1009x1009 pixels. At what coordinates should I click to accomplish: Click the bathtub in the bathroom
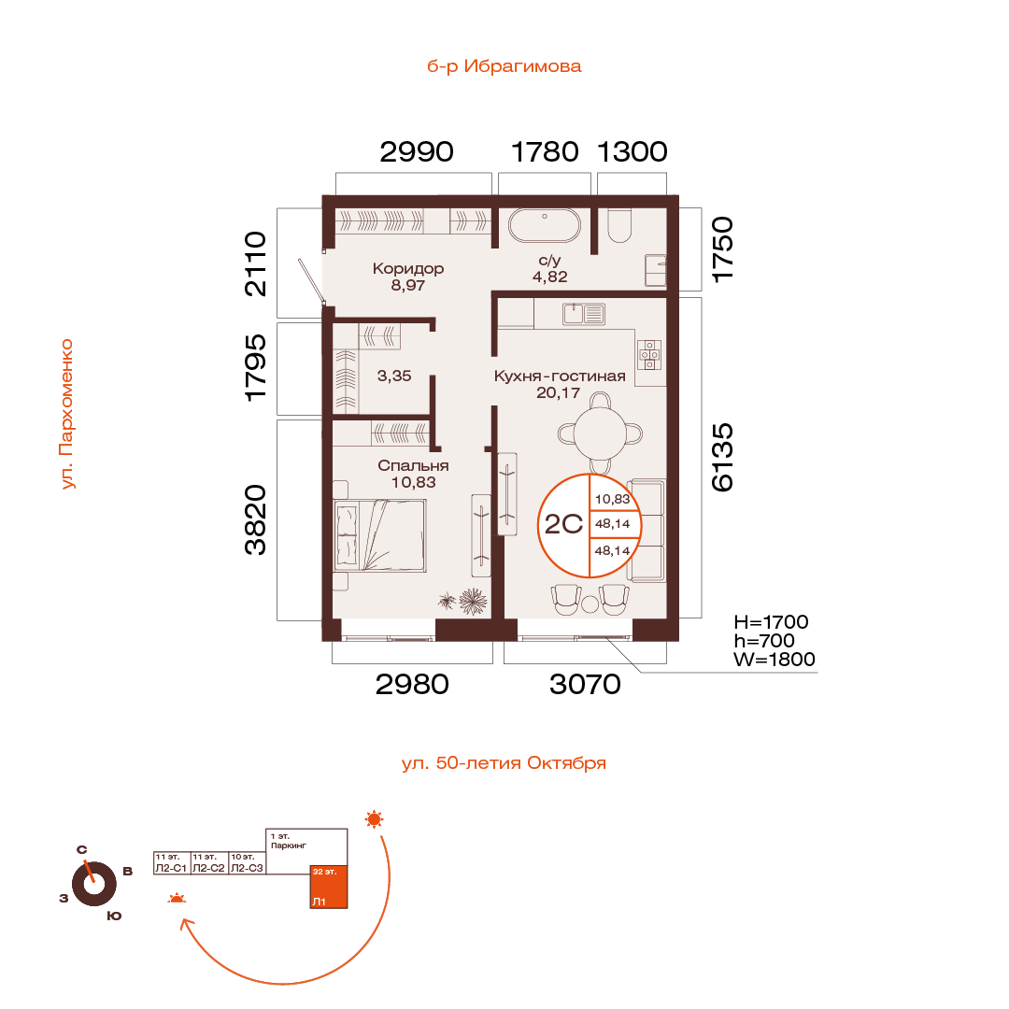click(x=545, y=225)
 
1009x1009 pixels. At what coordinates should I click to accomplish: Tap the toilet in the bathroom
click(x=619, y=225)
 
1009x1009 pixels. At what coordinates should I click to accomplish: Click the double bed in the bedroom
click(x=379, y=535)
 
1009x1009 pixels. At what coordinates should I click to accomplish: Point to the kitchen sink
click(x=584, y=314)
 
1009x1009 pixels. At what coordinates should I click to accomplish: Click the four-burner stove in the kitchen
click(x=649, y=355)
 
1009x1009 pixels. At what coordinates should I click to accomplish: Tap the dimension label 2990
click(x=417, y=152)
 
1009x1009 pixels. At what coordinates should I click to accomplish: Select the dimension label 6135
click(x=722, y=457)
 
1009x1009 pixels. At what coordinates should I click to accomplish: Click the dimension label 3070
click(x=585, y=684)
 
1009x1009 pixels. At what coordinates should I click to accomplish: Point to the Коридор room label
click(x=408, y=268)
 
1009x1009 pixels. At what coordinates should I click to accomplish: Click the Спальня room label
click(x=413, y=465)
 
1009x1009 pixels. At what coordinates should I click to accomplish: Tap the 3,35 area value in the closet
click(x=394, y=376)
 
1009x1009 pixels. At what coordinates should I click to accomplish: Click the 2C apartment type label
click(x=563, y=524)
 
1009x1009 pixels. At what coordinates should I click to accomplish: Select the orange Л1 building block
click(x=329, y=887)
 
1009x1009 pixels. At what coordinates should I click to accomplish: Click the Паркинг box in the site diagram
click(x=306, y=851)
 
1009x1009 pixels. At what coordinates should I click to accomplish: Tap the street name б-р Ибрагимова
click(x=504, y=66)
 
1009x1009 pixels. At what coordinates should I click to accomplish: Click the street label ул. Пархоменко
click(x=67, y=414)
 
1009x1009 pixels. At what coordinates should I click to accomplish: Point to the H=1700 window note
click(x=771, y=621)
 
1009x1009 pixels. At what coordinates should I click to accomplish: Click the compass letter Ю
click(x=114, y=916)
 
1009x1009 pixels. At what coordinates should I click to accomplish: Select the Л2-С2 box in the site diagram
click(x=209, y=862)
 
